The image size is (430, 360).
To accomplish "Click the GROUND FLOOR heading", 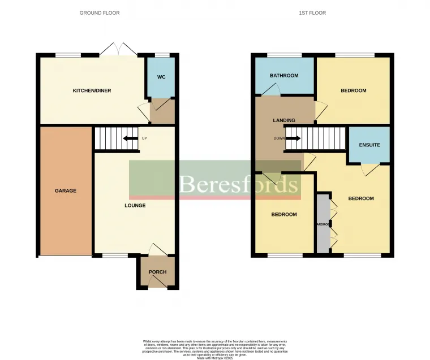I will click(x=100, y=12).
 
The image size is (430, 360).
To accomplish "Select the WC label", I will click(x=161, y=77).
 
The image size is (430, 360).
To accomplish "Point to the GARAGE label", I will click(x=65, y=191).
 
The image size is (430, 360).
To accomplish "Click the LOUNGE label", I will click(x=135, y=205).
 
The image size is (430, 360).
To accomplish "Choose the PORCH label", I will click(x=157, y=272).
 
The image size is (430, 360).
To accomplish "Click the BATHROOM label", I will click(x=283, y=75).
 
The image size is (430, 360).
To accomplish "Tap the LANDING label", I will click(x=284, y=120).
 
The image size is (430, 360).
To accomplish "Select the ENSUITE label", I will click(x=369, y=145).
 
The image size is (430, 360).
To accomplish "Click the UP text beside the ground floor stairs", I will click(x=144, y=138).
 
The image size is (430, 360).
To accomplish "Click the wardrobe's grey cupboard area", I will click(x=322, y=223).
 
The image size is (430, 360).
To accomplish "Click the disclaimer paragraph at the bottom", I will click(x=215, y=349).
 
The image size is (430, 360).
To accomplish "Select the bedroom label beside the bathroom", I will click(x=353, y=90).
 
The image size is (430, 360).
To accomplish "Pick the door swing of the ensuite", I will click(x=368, y=169).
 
